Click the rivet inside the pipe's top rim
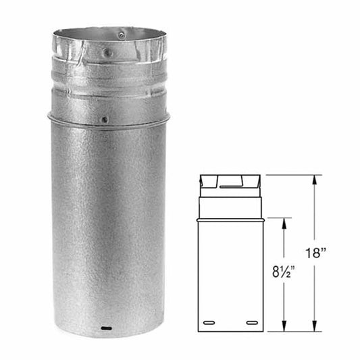pyautogui.click(x=121, y=34)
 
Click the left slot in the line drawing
pyautogui.click(x=210, y=322)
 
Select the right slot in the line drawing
pyautogui.click(x=251, y=322)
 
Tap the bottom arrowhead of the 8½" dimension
pyautogui.click(x=284, y=328)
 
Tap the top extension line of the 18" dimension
pyautogui.click(x=290, y=175)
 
